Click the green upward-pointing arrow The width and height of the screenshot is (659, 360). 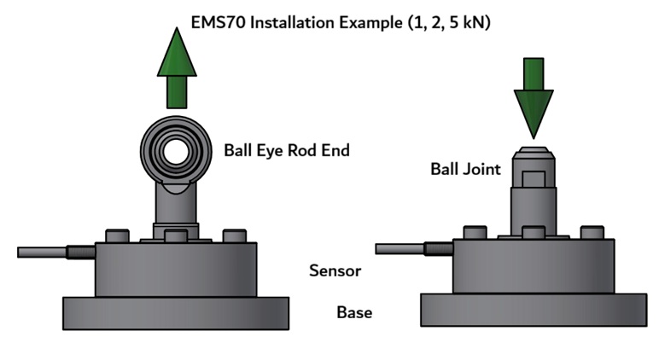[x=177, y=68]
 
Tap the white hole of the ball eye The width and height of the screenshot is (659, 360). [x=177, y=153]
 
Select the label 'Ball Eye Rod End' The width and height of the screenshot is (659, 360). [x=287, y=150]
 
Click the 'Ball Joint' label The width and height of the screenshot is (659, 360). [x=465, y=169]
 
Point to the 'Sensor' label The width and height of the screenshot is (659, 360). [x=335, y=271]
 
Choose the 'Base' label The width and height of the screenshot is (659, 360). [x=354, y=312]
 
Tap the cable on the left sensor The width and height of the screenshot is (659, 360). [x=43, y=253]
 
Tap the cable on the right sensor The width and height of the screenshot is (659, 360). [x=401, y=248]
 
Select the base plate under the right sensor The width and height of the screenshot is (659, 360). [x=534, y=309]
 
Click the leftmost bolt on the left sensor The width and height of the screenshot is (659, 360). [x=117, y=235]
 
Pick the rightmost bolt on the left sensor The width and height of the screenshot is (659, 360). [x=234, y=235]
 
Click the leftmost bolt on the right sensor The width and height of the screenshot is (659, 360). [x=475, y=232]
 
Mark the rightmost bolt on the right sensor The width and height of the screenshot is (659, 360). [x=592, y=232]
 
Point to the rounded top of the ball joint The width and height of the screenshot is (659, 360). [x=534, y=153]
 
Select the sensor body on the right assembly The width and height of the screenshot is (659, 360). [x=534, y=266]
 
